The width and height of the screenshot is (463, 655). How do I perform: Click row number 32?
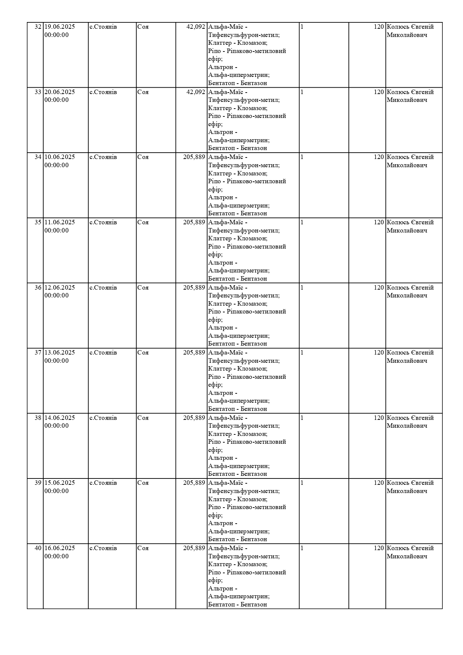click(x=38, y=27)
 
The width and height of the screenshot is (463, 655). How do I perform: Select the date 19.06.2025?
click(x=60, y=27)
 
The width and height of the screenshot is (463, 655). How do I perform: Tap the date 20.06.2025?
click(x=60, y=92)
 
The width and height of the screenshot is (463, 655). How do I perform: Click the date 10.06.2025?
click(x=60, y=157)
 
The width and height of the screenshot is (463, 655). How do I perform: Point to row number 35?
click(x=38, y=222)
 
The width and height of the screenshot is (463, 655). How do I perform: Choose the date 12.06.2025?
click(x=60, y=288)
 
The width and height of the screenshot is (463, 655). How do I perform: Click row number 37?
click(x=38, y=353)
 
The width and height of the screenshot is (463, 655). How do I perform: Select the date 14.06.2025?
click(x=60, y=418)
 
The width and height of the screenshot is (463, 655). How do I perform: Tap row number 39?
click(x=38, y=483)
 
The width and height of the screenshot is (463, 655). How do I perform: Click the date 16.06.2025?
click(x=60, y=548)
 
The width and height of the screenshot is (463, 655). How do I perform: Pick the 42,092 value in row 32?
click(x=195, y=27)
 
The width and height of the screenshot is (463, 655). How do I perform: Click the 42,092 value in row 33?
click(x=195, y=92)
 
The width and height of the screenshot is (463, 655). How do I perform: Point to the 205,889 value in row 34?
click(x=194, y=157)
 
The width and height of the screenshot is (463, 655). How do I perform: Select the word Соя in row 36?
click(x=143, y=288)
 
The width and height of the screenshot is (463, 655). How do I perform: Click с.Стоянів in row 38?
click(x=103, y=418)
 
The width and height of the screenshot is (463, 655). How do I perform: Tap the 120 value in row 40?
click(x=379, y=548)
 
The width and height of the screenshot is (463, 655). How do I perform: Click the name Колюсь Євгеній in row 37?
click(x=410, y=353)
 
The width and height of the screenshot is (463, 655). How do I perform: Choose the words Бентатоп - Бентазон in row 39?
click(x=237, y=539)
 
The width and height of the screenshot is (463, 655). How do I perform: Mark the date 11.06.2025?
click(x=60, y=222)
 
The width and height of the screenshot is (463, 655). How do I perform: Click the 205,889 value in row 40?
click(x=194, y=548)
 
